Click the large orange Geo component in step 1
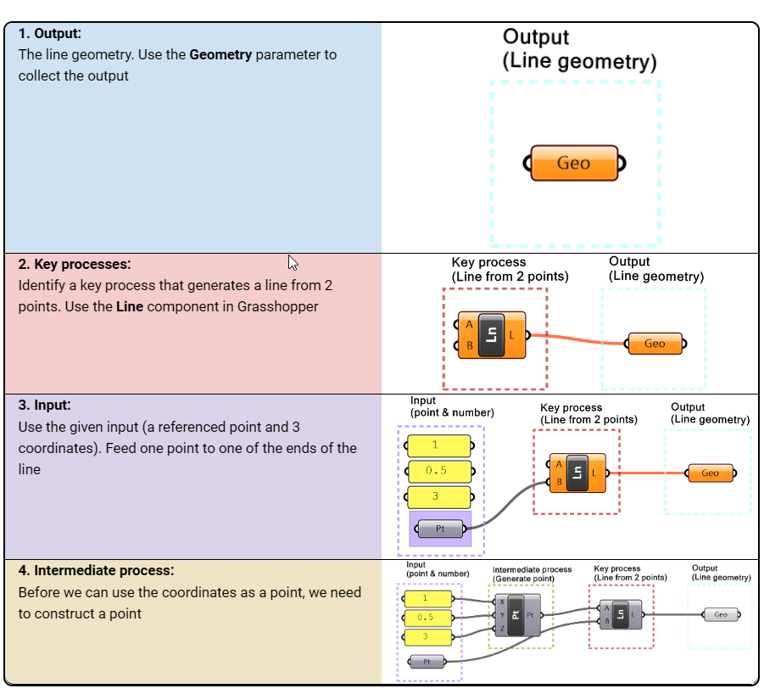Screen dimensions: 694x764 [574, 163]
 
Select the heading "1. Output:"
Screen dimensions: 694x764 [50, 34]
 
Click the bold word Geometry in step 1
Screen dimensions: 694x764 [220, 54]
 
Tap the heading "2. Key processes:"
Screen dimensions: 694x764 [75, 264]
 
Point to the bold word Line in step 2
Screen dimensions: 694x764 [130, 305]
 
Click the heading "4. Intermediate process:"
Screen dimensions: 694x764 [96, 570]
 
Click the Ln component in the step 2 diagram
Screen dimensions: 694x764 [492, 335]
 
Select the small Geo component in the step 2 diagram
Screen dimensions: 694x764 [655, 344]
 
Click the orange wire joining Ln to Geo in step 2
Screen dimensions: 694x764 [577, 340]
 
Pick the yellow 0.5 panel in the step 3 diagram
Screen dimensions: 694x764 [439, 470]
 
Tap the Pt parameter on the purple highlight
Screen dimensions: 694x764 [440, 529]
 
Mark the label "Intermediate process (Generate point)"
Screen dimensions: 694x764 [532, 574]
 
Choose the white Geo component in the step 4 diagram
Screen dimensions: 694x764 [720, 614]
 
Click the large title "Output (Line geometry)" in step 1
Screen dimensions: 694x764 [579, 49]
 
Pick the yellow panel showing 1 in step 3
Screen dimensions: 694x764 [438, 445]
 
